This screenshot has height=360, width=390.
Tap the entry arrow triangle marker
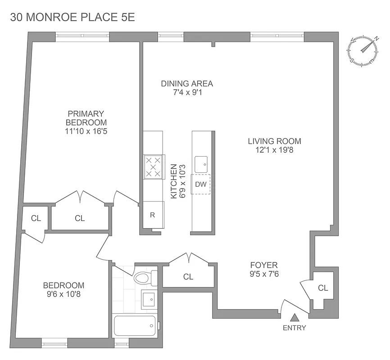click(294, 317)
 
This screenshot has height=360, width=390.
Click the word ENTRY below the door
click(294, 328)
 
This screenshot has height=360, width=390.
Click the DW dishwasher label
click(200, 184)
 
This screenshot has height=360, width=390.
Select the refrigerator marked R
click(152, 215)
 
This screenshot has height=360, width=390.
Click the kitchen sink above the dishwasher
click(201, 164)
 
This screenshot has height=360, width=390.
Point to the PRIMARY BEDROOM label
click(86, 118)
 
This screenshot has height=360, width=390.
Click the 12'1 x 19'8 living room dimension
click(274, 150)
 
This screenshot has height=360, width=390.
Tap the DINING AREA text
click(187, 84)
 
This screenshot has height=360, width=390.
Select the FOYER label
click(264, 265)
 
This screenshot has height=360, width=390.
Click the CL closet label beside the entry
click(323, 288)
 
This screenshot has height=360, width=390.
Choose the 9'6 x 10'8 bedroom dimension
click(63, 295)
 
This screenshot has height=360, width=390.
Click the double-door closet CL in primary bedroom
click(80, 218)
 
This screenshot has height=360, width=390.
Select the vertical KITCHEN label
click(173, 181)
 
